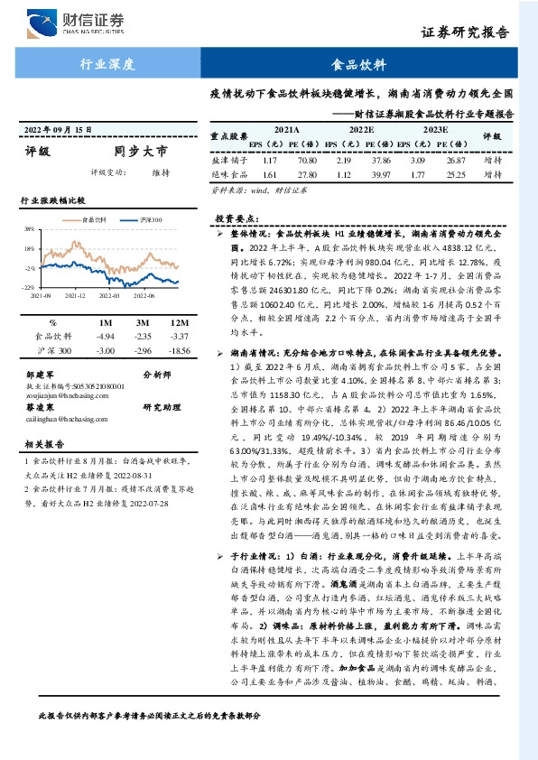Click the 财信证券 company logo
(78, 22)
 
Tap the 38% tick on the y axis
(30, 229)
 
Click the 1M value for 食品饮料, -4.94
(106, 335)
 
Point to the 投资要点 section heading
(237, 218)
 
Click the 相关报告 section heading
(42, 445)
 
